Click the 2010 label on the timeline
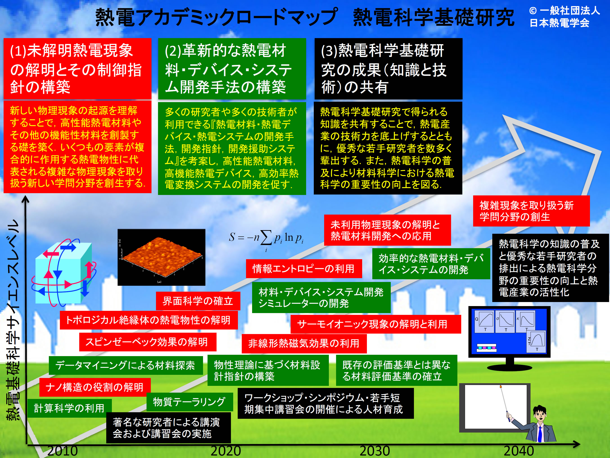pyautogui.click(x=63, y=451)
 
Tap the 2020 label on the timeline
pyautogui.click(x=226, y=451)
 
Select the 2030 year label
pyautogui.click(x=375, y=451)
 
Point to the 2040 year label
pyautogui.click(x=519, y=451)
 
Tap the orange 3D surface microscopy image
pyautogui.click(x=161, y=257)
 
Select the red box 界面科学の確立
pyautogui.click(x=198, y=301)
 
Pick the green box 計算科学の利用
pyautogui.click(x=70, y=408)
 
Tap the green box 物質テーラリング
pyautogui.click(x=190, y=402)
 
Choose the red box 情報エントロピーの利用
pyautogui.click(x=304, y=269)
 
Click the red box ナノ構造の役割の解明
pyautogui.click(x=95, y=387)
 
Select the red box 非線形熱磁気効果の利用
pyautogui.click(x=304, y=344)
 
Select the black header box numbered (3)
pyautogui.click(x=388, y=69)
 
